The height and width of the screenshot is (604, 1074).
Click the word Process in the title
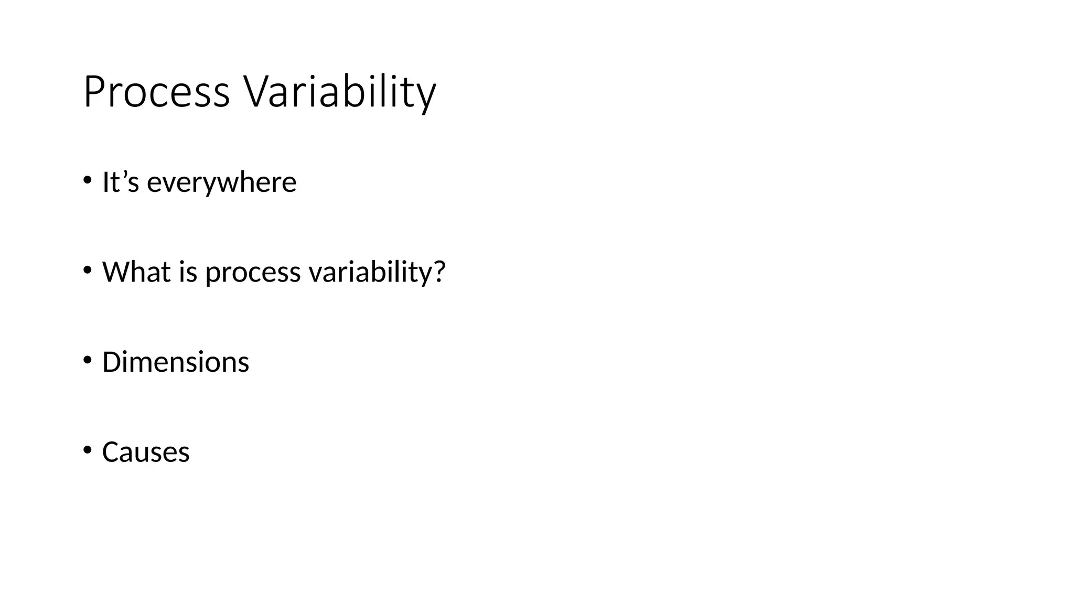pos(156,92)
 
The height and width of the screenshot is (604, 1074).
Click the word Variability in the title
pos(339,92)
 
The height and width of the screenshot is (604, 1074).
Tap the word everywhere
pos(221,182)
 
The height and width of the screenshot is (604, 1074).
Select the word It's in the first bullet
pos(121,182)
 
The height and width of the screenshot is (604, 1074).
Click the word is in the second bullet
pos(188,272)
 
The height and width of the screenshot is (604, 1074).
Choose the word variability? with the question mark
pos(377,273)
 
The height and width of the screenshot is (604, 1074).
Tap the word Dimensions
pos(176,362)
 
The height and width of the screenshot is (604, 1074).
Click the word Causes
pos(146,452)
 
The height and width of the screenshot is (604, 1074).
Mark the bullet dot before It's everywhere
pos(87,180)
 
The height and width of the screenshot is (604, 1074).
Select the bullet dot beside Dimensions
pos(87,360)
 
